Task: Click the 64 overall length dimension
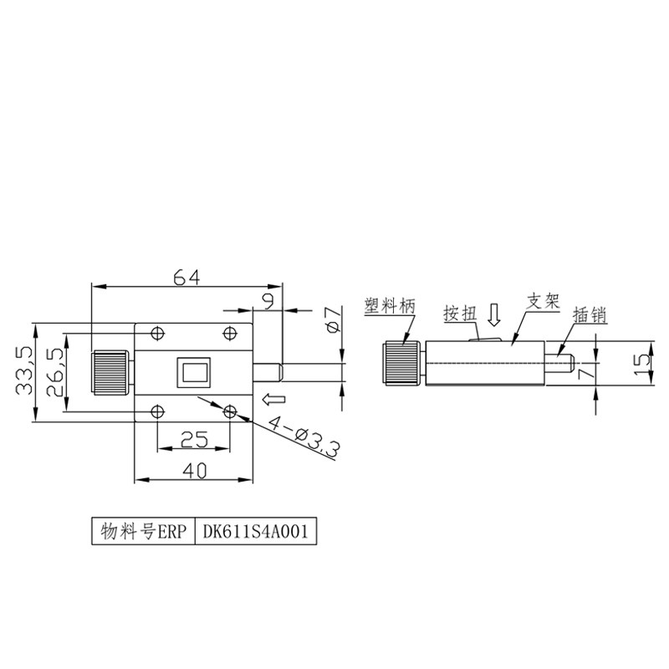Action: click(x=186, y=278)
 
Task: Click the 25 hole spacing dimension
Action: click(x=194, y=438)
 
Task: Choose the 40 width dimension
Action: click(x=194, y=471)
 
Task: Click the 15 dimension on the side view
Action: click(x=641, y=363)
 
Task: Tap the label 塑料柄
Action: click(x=390, y=306)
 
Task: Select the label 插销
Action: click(x=589, y=315)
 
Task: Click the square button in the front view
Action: click(x=194, y=371)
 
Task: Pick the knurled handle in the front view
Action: click(x=111, y=371)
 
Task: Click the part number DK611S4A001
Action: click(x=256, y=530)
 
